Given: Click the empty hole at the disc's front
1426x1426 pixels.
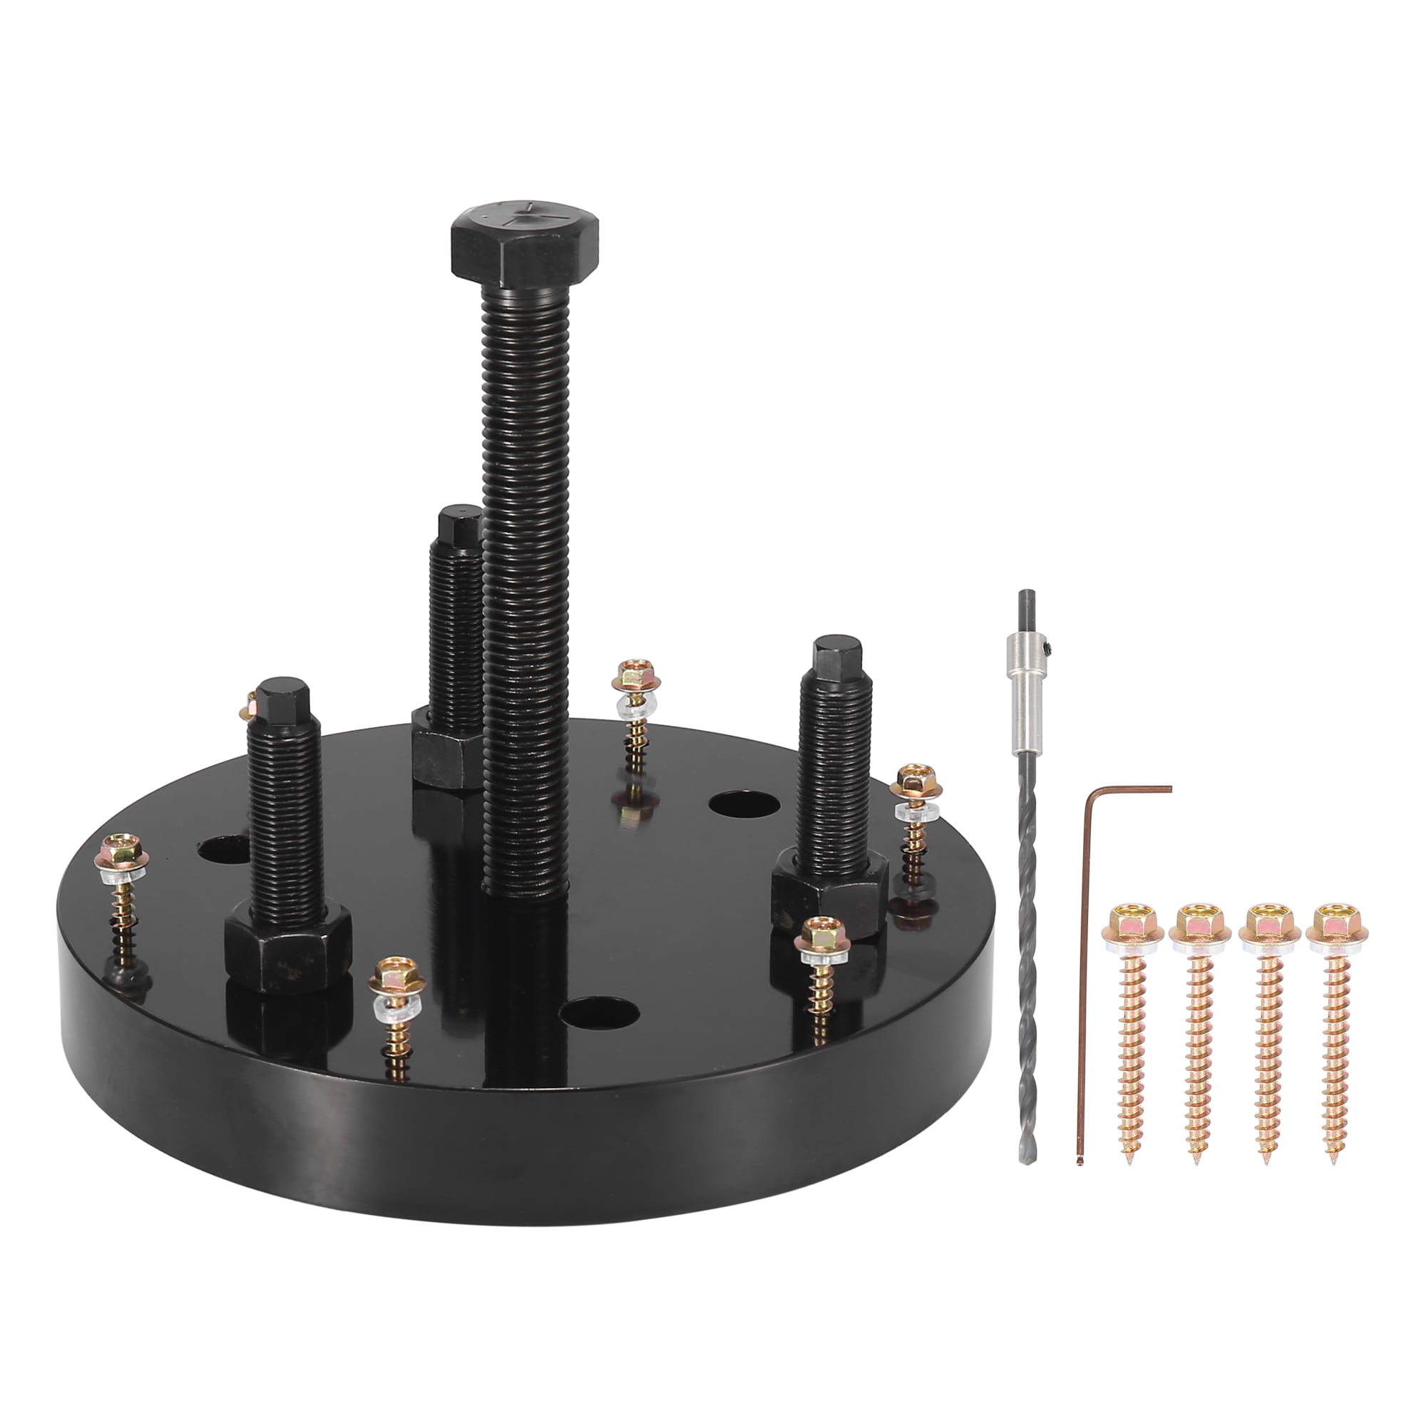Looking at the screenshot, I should [600, 1012].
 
